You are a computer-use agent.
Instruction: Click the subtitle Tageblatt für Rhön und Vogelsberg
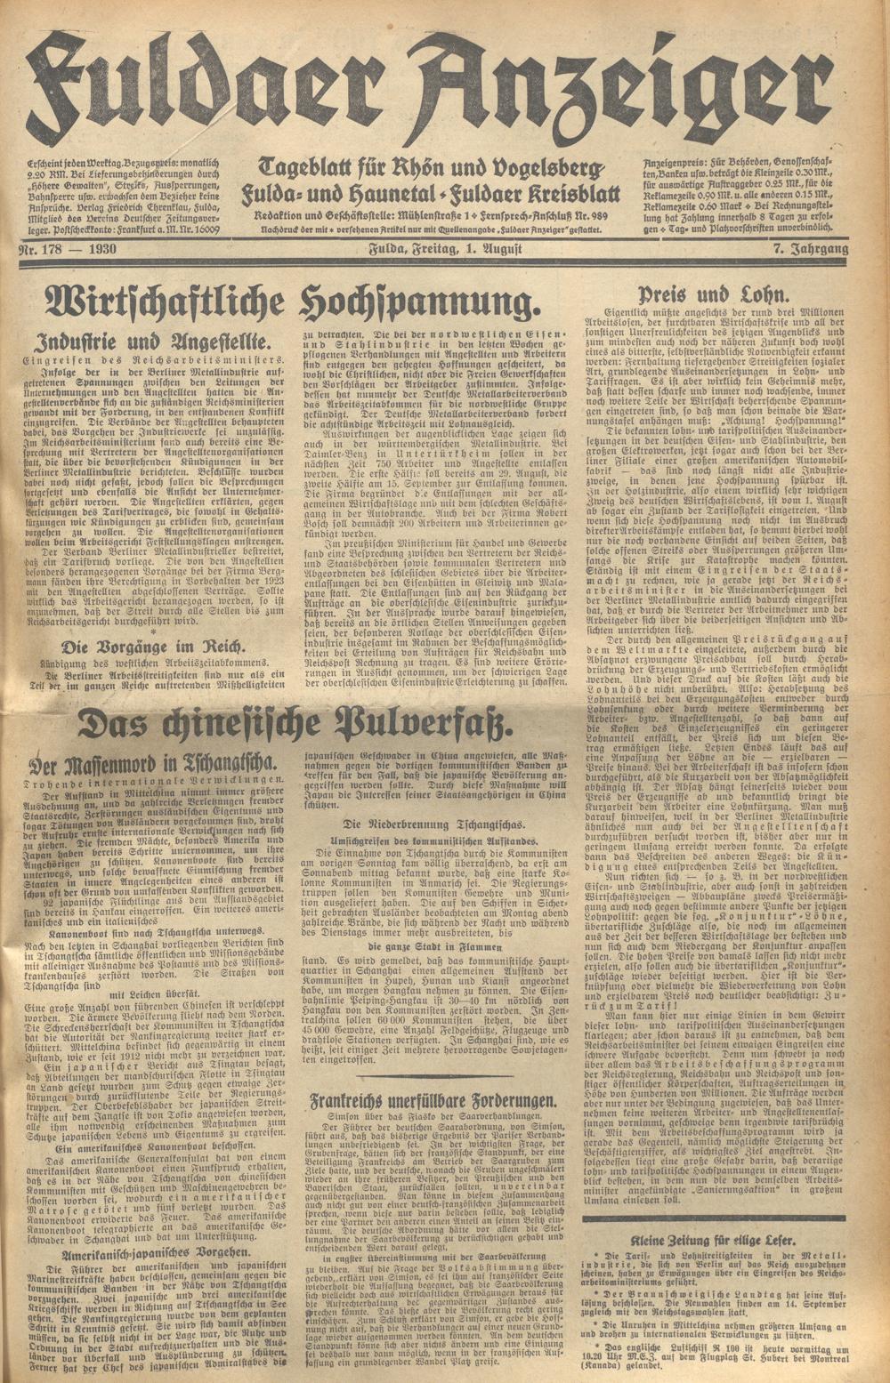tap(433, 167)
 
